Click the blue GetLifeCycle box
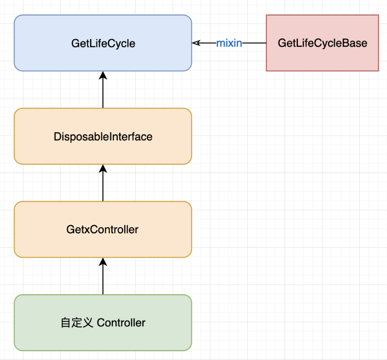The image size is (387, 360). tap(103, 43)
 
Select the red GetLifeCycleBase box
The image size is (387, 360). tap(322, 43)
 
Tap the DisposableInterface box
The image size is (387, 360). tap(103, 136)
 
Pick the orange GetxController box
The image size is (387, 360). tap(103, 229)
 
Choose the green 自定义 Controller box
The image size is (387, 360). tap(103, 322)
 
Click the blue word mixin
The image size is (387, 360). tap(229, 43)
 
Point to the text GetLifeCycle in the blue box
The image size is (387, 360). tap(103, 44)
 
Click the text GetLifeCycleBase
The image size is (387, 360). tap(322, 43)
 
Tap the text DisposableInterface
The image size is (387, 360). tap(103, 136)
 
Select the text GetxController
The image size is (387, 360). tap(102, 229)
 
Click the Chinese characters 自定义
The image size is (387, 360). tap(77, 323)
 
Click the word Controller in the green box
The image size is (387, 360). tap(121, 323)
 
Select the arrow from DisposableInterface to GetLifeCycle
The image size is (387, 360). tap(103, 90)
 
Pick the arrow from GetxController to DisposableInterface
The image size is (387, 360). tap(103, 183)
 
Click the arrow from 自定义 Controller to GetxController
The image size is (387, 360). tap(103, 276)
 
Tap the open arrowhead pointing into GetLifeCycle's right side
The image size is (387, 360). tap(196, 43)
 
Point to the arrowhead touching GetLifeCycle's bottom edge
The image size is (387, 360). tap(103, 76)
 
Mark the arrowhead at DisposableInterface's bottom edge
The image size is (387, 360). tap(103, 169)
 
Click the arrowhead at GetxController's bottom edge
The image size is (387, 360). tap(103, 262)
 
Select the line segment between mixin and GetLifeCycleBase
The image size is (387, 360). tap(254, 43)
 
